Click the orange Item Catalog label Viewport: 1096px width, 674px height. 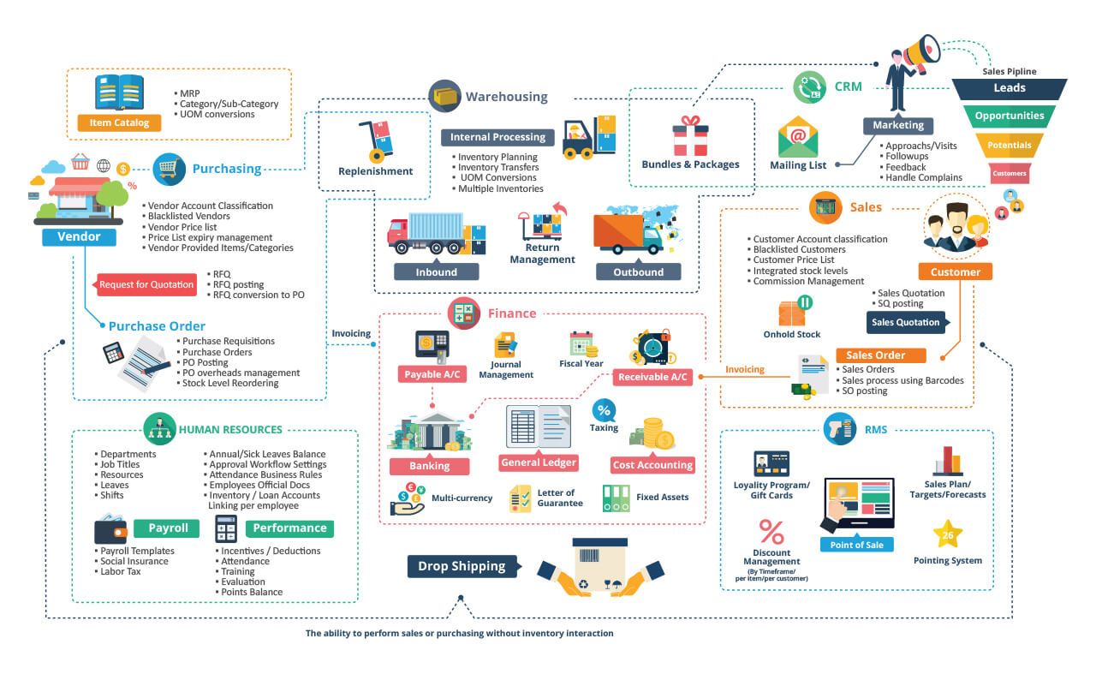(119, 122)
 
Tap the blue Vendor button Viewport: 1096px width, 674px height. (79, 236)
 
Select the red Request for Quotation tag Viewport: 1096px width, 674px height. (146, 284)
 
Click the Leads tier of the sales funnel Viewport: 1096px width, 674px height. (1009, 88)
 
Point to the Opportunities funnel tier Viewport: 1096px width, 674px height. (1009, 116)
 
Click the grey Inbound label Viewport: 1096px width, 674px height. (436, 271)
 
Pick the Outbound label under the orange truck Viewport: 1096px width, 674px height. (639, 271)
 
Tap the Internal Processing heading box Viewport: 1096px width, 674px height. (498, 137)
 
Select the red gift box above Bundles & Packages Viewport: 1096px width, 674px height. (690, 137)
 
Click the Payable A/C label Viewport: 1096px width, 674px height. (432, 374)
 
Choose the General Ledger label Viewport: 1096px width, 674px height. (538, 462)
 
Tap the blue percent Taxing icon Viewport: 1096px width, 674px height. (604, 409)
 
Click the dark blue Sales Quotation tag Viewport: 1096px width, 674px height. (908, 323)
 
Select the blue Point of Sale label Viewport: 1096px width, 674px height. (856, 545)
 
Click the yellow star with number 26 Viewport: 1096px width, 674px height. (947, 535)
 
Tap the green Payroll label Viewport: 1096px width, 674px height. (168, 528)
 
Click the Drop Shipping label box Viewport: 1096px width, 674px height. (462, 566)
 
